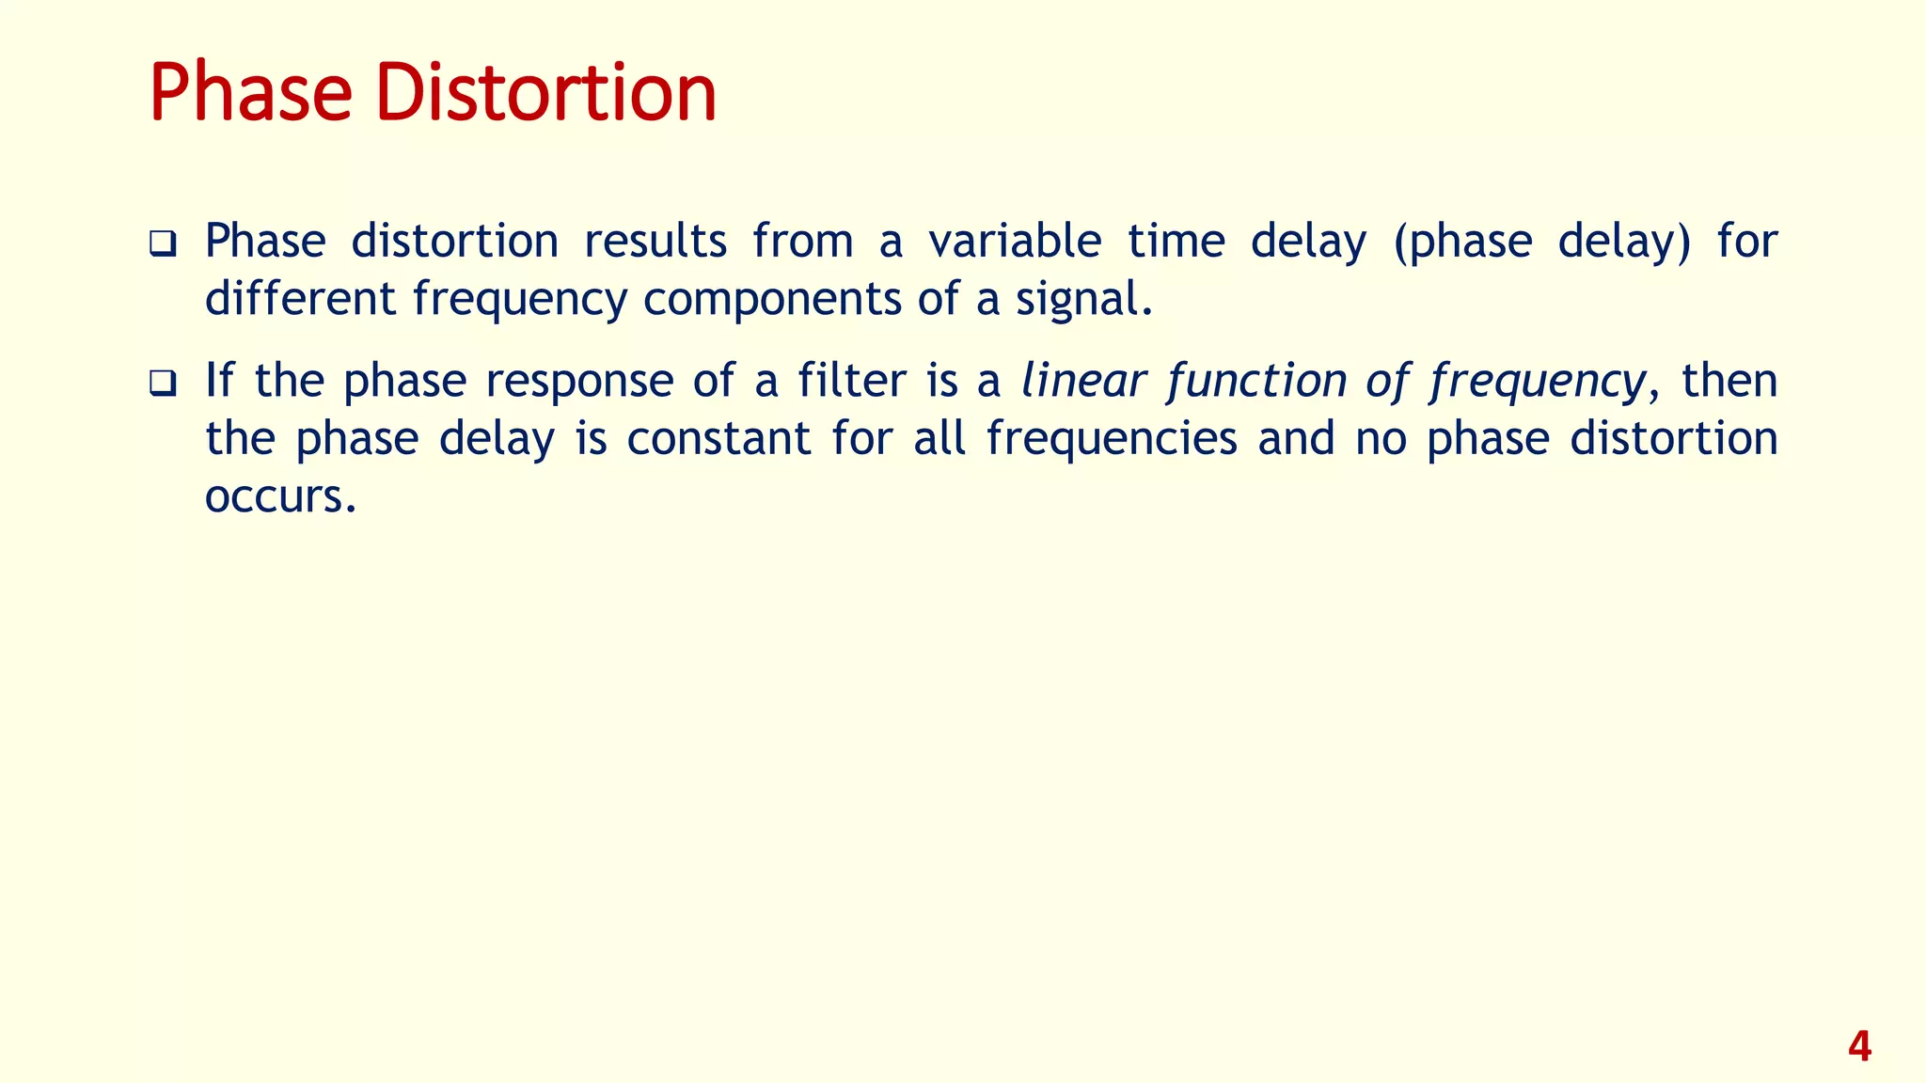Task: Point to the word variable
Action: [1014, 241]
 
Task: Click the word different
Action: [300, 299]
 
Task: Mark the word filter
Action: [852, 381]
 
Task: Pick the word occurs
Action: [279, 496]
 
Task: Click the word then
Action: [1729, 381]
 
